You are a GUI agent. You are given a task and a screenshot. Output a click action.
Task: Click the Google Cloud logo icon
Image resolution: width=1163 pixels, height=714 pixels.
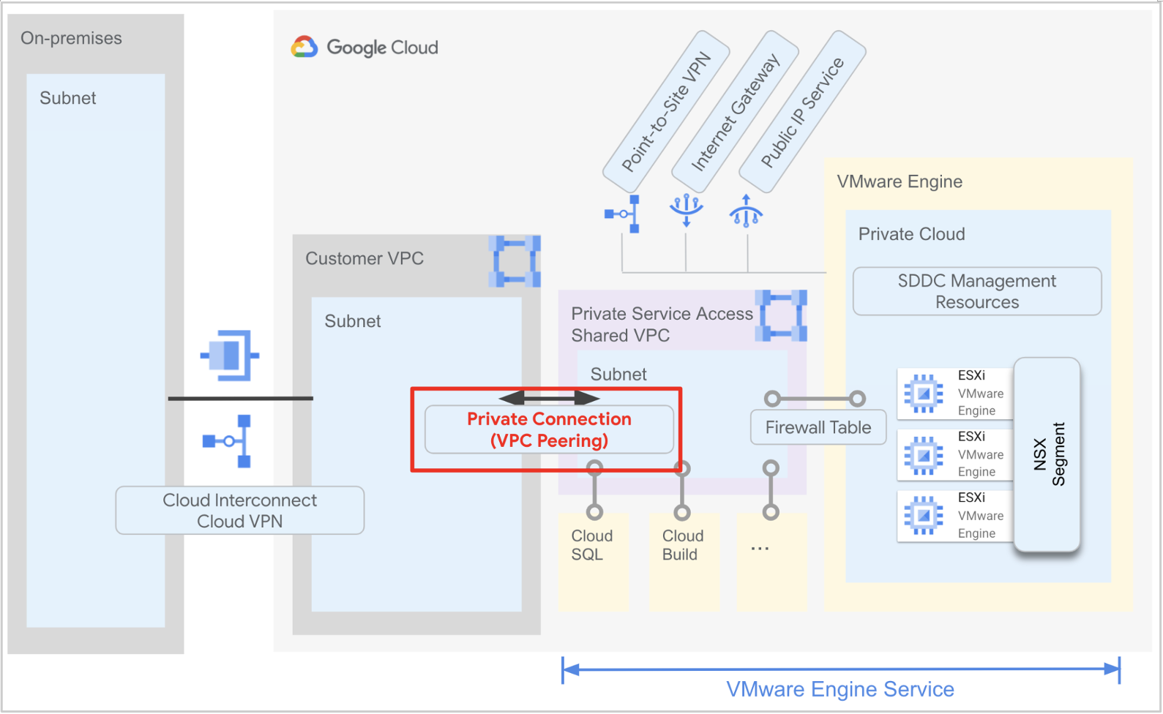pos(304,47)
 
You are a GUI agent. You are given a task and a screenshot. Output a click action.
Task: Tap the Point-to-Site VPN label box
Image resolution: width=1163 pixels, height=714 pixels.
pos(666,111)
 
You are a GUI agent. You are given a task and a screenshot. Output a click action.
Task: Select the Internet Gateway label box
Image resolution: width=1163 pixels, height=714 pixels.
pos(736,111)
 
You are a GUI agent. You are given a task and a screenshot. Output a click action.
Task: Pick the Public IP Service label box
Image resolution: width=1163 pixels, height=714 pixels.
pos(803,111)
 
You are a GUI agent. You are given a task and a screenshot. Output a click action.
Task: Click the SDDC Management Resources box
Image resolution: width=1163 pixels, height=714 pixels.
pos(977,291)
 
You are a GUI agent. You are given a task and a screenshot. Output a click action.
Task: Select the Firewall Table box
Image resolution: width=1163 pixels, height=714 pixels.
pos(818,427)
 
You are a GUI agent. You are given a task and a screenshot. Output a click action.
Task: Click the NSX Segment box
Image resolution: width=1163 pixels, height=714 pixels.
pos(1047,454)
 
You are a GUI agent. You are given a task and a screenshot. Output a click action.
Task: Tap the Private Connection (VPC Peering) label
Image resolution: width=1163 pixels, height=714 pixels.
pos(549,429)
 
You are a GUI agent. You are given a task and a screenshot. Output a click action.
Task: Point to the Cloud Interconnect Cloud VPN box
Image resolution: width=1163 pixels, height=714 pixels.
pos(239,511)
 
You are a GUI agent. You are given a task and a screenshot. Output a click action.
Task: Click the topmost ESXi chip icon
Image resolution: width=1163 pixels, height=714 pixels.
pos(924,394)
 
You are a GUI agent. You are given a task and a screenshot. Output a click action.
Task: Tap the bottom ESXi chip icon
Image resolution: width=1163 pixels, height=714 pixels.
pos(924,516)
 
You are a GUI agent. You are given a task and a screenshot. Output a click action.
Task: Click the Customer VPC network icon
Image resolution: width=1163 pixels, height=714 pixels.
pos(516,261)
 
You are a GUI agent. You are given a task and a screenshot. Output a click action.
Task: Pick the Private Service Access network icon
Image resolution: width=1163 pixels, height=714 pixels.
pos(782,316)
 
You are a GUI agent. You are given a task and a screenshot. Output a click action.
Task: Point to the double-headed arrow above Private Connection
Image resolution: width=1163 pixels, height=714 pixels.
pos(549,398)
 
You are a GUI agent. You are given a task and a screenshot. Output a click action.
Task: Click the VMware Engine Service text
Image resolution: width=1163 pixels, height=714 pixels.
pos(840,689)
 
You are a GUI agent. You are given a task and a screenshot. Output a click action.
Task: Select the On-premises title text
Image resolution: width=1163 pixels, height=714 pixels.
pos(71,38)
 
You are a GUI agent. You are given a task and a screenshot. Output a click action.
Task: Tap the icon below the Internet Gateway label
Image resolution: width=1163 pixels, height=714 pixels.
pos(687,210)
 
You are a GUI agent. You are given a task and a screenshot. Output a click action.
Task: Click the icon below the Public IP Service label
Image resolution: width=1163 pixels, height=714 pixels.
pos(746,211)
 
